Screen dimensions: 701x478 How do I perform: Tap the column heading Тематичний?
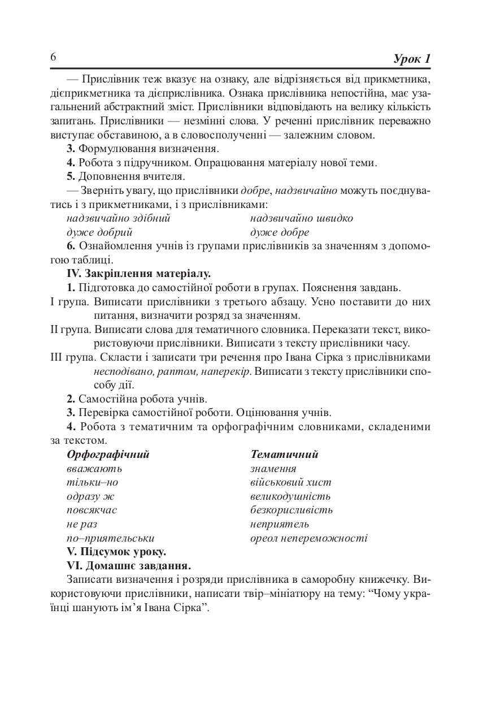point(284,455)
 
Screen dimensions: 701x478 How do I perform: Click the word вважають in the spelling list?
point(94,469)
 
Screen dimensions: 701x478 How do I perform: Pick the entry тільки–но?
point(93,482)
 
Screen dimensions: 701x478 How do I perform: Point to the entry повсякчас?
point(92,510)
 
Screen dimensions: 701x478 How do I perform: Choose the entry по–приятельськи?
point(110,538)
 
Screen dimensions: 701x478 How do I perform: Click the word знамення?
point(273,469)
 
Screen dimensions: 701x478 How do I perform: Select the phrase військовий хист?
point(290,482)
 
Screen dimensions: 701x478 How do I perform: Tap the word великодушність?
point(290,496)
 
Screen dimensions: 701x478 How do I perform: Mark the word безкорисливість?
point(292,510)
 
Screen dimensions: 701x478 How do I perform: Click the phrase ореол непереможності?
point(308,538)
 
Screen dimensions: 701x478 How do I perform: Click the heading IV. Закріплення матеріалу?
point(138,274)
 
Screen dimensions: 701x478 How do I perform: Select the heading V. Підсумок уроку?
point(116,552)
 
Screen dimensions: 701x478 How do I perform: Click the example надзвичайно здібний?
point(118,218)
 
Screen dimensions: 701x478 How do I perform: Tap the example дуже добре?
point(279,232)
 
